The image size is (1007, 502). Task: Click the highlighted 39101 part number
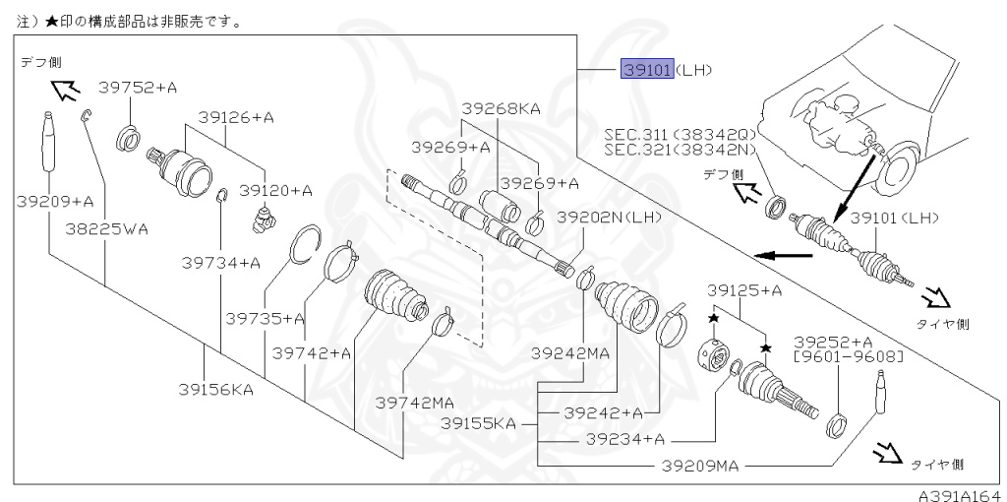click(x=646, y=70)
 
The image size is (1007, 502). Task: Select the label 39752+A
click(x=139, y=88)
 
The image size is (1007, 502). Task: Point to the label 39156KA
click(x=214, y=389)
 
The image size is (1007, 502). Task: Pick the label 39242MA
click(x=571, y=351)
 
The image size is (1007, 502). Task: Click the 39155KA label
click(x=478, y=423)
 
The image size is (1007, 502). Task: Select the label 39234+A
click(x=624, y=438)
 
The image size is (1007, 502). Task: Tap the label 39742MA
click(x=415, y=402)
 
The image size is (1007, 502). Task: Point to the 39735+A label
click(x=265, y=318)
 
